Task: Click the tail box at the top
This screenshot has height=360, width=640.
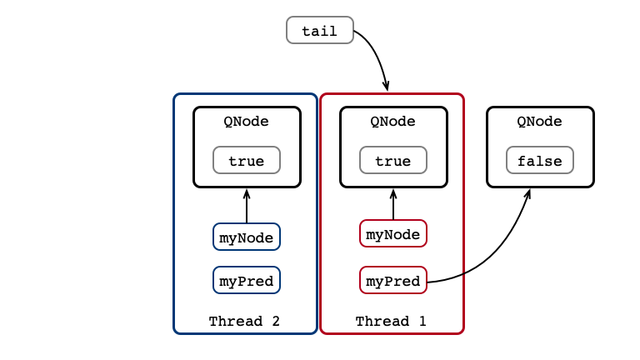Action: click(x=320, y=30)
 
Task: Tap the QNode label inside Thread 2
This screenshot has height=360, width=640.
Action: click(x=246, y=122)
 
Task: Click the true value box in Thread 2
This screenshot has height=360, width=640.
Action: click(x=247, y=160)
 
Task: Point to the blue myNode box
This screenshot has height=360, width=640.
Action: click(x=247, y=237)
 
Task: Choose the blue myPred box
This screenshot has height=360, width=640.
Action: click(x=247, y=280)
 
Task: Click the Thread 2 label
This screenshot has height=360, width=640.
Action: click(x=244, y=321)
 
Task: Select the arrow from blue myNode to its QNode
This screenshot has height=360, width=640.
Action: click(x=247, y=206)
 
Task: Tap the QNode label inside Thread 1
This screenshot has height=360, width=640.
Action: click(x=393, y=122)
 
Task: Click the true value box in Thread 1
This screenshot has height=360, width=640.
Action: click(x=393, y=160)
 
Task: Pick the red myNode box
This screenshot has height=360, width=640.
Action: click(x=393, y=233)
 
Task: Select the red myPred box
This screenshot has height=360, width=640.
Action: click(x=393, y=280)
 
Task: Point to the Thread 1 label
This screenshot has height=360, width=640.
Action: click(x=391, y=321)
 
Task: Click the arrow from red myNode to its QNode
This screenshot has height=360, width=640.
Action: click(x=393, y=204)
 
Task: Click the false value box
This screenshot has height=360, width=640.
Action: click(x=540, y=160)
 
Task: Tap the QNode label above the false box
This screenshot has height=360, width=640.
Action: click(x=540, y=122)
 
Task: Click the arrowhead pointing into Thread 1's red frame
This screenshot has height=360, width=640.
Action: click(x=386, y=86)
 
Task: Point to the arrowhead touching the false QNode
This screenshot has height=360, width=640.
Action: click(x=527, y=194)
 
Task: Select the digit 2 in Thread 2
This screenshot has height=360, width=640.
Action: click(x=276, y=321)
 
